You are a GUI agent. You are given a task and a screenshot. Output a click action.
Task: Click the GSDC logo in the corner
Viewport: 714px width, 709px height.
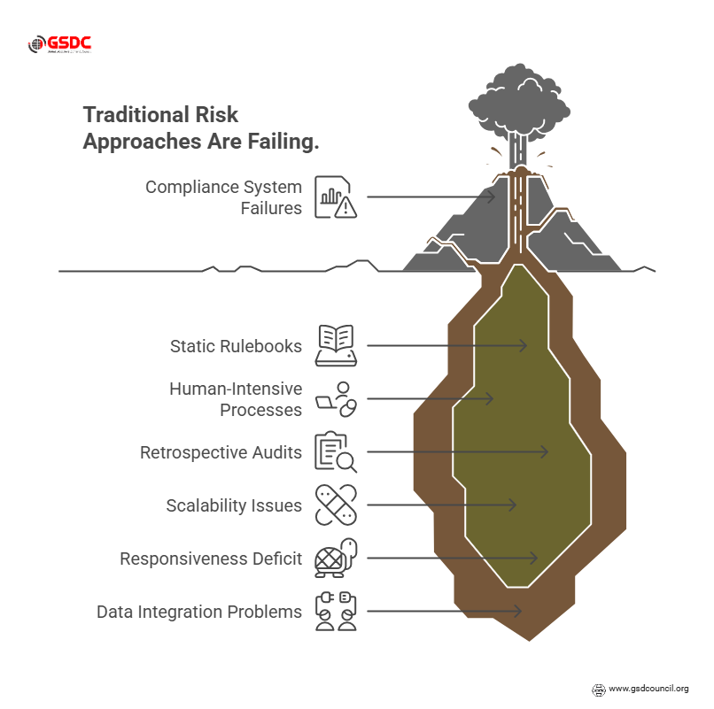[60, 44]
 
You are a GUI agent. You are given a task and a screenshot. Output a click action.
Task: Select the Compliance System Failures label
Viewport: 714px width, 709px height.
[223, 197]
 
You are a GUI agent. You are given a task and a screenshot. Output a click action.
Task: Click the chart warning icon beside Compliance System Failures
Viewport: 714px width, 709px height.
[336, 197]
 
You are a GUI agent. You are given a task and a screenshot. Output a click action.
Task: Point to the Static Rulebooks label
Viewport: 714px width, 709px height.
[236, 345]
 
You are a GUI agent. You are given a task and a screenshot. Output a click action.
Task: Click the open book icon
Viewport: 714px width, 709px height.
[336, 345]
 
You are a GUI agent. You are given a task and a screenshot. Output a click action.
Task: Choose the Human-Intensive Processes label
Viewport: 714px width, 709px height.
[236, 399]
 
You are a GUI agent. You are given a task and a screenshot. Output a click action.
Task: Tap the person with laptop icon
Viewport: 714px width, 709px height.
[336, 399]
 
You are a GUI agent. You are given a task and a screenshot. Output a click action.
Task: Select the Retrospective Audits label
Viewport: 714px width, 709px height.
[221, 452]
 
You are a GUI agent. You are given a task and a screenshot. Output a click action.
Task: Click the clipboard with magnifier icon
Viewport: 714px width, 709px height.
[336, 452]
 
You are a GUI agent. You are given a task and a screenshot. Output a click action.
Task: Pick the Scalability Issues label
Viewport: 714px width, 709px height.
[234, 505]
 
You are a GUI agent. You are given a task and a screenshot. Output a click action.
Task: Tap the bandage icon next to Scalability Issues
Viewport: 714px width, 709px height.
[336, 505]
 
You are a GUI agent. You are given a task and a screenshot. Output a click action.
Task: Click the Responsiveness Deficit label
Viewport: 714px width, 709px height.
[211, 559]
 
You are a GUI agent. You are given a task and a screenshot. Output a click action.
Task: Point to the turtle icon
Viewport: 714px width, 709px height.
[336, 559]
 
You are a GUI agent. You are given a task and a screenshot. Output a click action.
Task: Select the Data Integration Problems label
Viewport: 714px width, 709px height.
[199, 612]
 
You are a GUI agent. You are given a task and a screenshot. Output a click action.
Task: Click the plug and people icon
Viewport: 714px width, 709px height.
[336, 612]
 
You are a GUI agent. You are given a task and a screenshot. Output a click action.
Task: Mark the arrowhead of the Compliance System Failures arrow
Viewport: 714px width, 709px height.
[492, 197]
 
